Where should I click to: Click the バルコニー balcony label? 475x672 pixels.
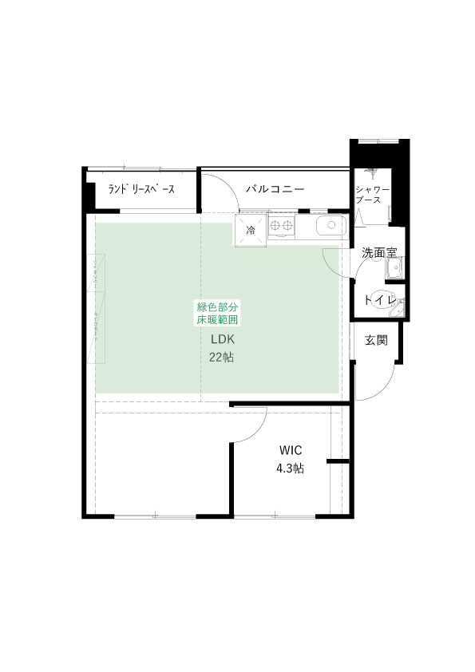pos(275,189)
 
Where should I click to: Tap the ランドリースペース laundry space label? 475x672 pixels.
pos(141,189)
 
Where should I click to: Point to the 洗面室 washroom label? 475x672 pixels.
pos(379,253)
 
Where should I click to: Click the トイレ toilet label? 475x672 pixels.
pos(379,300)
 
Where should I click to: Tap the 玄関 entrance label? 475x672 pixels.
pos(376,340)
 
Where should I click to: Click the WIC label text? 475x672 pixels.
pos(291,450)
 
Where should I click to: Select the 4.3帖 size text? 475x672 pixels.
pos(291,468)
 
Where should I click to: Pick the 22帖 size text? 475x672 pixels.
pos(222,357)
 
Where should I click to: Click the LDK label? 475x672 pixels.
pos(223,339)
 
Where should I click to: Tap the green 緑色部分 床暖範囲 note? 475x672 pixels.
pos(217,314)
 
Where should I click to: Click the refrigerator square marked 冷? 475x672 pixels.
pos(251,230)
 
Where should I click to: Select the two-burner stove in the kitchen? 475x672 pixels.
pos(281,226)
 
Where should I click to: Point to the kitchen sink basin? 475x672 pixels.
pos(331,226)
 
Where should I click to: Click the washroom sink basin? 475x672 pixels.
pos(394,269)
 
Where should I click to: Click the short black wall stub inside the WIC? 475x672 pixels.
pos(338,461)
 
